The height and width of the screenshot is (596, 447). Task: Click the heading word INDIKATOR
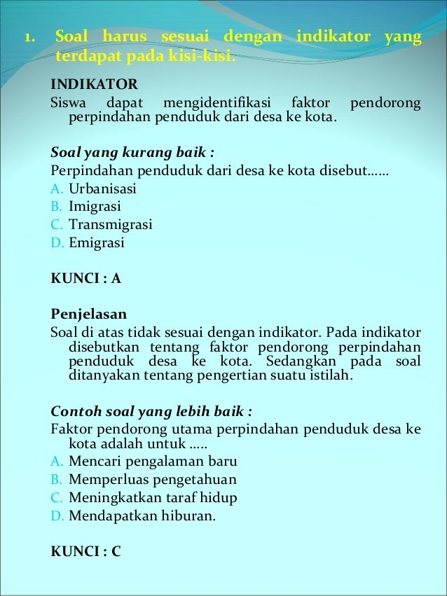point(95,85)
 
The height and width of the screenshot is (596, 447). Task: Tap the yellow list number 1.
point(29,36)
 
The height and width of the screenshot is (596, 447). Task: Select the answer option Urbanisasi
point(102,189)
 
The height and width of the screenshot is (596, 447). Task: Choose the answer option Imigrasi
point(95,207)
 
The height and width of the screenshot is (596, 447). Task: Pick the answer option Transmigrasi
point(110,226)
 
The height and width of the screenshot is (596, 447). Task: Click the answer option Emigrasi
point(96,244)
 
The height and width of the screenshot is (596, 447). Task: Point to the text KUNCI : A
point(86,278)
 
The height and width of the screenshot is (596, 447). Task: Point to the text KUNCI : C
point(86,551)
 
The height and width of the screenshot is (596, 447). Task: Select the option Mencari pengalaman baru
point(153,462)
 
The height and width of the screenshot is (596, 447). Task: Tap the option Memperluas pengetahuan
point(152,480)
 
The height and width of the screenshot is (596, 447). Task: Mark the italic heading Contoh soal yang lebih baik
point(151,410)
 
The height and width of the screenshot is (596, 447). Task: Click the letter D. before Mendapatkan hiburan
point(57,517)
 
